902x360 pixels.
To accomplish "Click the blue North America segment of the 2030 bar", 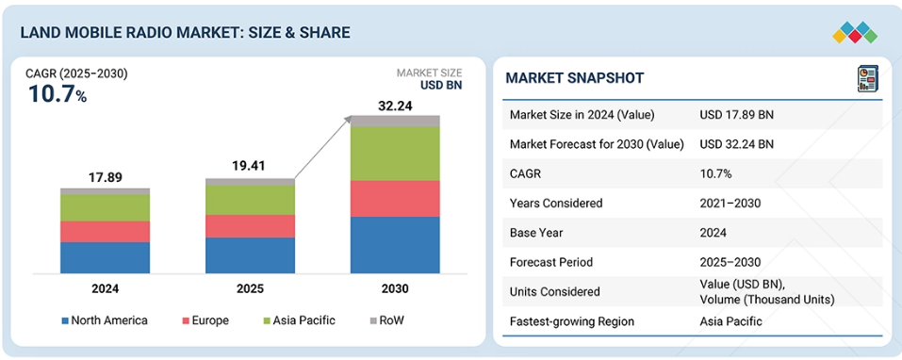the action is (x=395, y=245).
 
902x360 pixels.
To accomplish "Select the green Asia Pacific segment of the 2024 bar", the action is (x=106, y=207).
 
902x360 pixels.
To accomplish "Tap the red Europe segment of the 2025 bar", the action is (x=250, y=226).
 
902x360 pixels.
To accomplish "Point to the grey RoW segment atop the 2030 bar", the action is (x=395, y=121).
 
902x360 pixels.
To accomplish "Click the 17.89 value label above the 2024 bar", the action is (x=106, y=178).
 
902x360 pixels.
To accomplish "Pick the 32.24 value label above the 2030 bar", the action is (x=395, y=106).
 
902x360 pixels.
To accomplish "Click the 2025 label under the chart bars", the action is (x=250, y=288).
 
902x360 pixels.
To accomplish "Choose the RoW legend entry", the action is (x=387, y=320).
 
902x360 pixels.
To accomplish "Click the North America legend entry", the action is (x=105, y=320).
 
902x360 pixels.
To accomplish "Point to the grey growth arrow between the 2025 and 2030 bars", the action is (x=322, y=147).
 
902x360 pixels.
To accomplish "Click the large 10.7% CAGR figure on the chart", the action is (x=57, y=95).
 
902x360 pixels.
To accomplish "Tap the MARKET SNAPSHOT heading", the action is (x=575, y=78).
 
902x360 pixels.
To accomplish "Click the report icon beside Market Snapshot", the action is (x=867, y=79).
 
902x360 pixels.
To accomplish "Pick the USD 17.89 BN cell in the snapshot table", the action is (x=736, y=114).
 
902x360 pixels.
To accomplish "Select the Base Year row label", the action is (x=537, y=233).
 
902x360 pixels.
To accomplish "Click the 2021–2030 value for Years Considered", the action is (x=730, y=203).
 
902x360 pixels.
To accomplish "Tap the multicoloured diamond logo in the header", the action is (x=855, y=33).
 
